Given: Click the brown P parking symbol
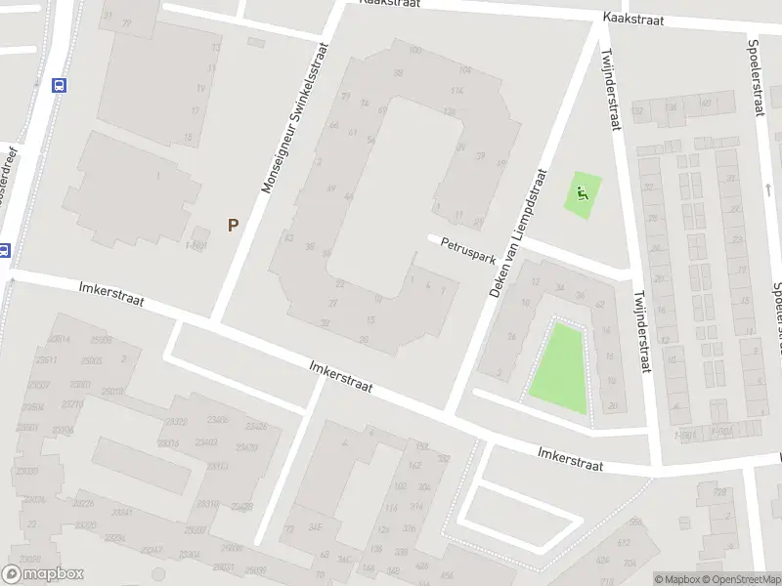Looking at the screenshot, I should (x=233, y=225).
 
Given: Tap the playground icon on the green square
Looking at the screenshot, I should (x=583, y=192).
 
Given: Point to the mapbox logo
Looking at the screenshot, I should (x=42, y=573).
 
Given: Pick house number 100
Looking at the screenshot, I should (x=415, y=51).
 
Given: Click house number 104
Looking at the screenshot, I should (x=464, y=70).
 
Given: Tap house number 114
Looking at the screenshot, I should (x=456, y=91).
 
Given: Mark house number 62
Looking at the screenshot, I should (x=599, y=306).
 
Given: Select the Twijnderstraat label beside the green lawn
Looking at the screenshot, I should (x=640, y=332).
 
